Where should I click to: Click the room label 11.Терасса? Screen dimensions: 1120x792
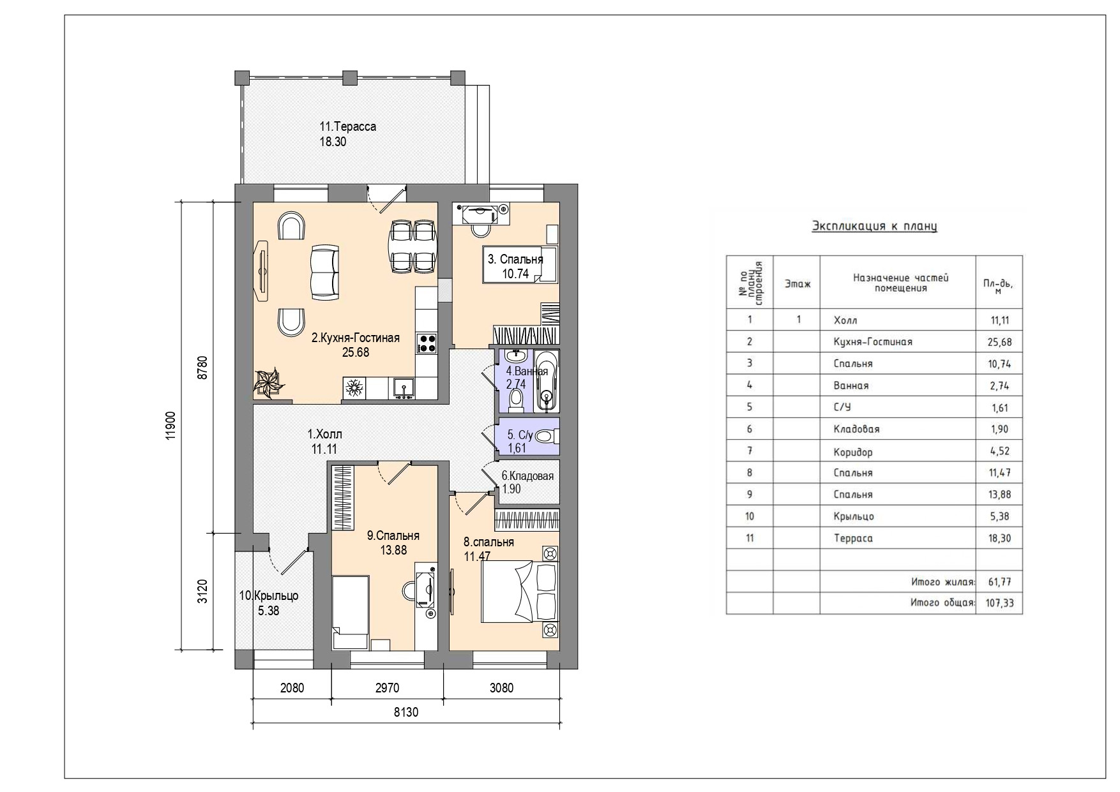pyautogui.click(x=348, y=126)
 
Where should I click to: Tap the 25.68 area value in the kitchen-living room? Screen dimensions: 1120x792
pyautogui.click(x=356, y=352)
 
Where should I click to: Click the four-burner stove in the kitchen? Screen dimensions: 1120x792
pyautogui.click(x=427, y=344)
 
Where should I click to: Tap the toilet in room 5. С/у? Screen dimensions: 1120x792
pyautogui.click(x=545, y=437)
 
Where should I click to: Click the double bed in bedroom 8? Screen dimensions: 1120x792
pyautogui.click(x=520, y=590)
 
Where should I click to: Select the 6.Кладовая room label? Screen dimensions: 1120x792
pyautogui.click(x=527, y=475)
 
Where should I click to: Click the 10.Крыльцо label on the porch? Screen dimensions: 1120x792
pyautogui.click(x=269, y=595)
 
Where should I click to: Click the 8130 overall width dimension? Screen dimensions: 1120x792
pyautogui.click(x=406, y=712)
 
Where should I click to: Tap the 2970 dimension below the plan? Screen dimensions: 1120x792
pyautogui.click(x=387, y=688)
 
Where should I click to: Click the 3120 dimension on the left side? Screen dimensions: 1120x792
pyautogui.click(x=202, y=591)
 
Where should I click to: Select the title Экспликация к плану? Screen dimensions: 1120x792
pyautogui.click(x=874, y=226)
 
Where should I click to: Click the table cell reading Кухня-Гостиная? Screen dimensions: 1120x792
pyautogui.click(x=873, y=341)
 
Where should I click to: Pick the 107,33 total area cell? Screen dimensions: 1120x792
pyautogui.click(x=999, y=602)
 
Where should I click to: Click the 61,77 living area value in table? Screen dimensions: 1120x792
pyautogui.click(x=999, y=582)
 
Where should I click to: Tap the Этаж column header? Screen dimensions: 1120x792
pyautogui.click(x=798, y=284)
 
